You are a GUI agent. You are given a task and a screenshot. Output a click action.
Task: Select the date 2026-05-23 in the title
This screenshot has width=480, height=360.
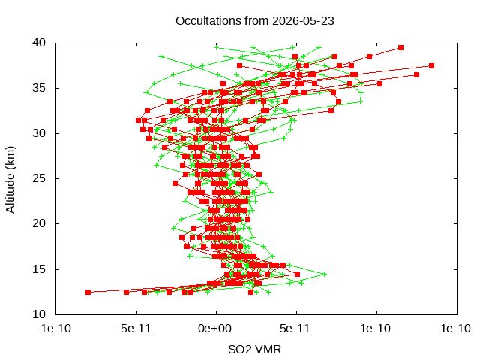pyautogui.click(x=303, y=21)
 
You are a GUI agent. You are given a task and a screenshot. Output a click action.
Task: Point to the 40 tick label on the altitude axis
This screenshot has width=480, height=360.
pyautogui.click(x=39, y=43)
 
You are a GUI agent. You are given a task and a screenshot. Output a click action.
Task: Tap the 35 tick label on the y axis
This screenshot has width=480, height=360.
pyautogui.click(x=39, y=88)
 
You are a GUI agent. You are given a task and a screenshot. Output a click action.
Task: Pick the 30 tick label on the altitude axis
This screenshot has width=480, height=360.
pyautogui.click(x=39, y=133)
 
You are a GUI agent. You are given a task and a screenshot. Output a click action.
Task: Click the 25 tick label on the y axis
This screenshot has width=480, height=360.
pyautogui.click(x=39, y=178)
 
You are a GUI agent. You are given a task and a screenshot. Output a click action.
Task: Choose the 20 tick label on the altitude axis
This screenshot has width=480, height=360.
pyautogui.click(x=39, y=223)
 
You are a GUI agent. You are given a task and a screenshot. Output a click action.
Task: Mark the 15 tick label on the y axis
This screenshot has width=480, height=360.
pyautogui.click(x=39, y=269)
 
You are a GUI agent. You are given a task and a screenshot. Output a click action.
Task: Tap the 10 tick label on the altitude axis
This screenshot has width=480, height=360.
pyautogui.click(x=39, y=314)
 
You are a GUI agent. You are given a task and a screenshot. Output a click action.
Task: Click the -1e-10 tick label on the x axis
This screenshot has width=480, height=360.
pyautogui.click(x=54, y=328)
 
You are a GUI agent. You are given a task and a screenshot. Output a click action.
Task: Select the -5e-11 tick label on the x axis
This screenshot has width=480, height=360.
pyautogui.click(x=134, y=328)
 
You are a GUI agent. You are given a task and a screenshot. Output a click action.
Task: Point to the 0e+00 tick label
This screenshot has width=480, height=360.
pyautogui.click(x=215, y=328)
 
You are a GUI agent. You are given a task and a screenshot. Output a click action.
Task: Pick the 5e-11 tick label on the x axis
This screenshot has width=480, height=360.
pyautogui.click(x=295, y=328)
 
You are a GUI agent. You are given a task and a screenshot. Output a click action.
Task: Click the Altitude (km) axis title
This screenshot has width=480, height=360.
pyautogui.click(x=10, y=180)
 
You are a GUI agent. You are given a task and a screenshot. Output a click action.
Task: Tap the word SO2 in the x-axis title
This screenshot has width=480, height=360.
pyautogui.click(x=238, y=349)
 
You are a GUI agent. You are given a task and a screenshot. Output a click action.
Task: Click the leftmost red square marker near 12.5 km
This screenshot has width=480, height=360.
pyautogui.click(x=88, y=292)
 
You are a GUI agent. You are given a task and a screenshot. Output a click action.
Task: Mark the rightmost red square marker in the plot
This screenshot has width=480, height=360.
pyautogui.click(x=432, y=66)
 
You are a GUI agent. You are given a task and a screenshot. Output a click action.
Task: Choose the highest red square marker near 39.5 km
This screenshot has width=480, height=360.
pyautogui.click(x=401, y=47)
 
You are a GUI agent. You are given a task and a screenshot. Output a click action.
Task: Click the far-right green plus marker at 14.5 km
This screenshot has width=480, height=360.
pyautogui.click(x=325, y=274)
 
